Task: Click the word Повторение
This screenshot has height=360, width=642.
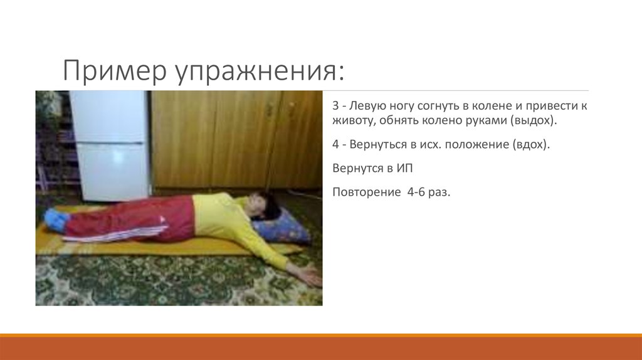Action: [x=363, y=192]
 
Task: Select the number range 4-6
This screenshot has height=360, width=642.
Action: [x=414, y=192]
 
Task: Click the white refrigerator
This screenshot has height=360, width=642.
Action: [x=110, y=144]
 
